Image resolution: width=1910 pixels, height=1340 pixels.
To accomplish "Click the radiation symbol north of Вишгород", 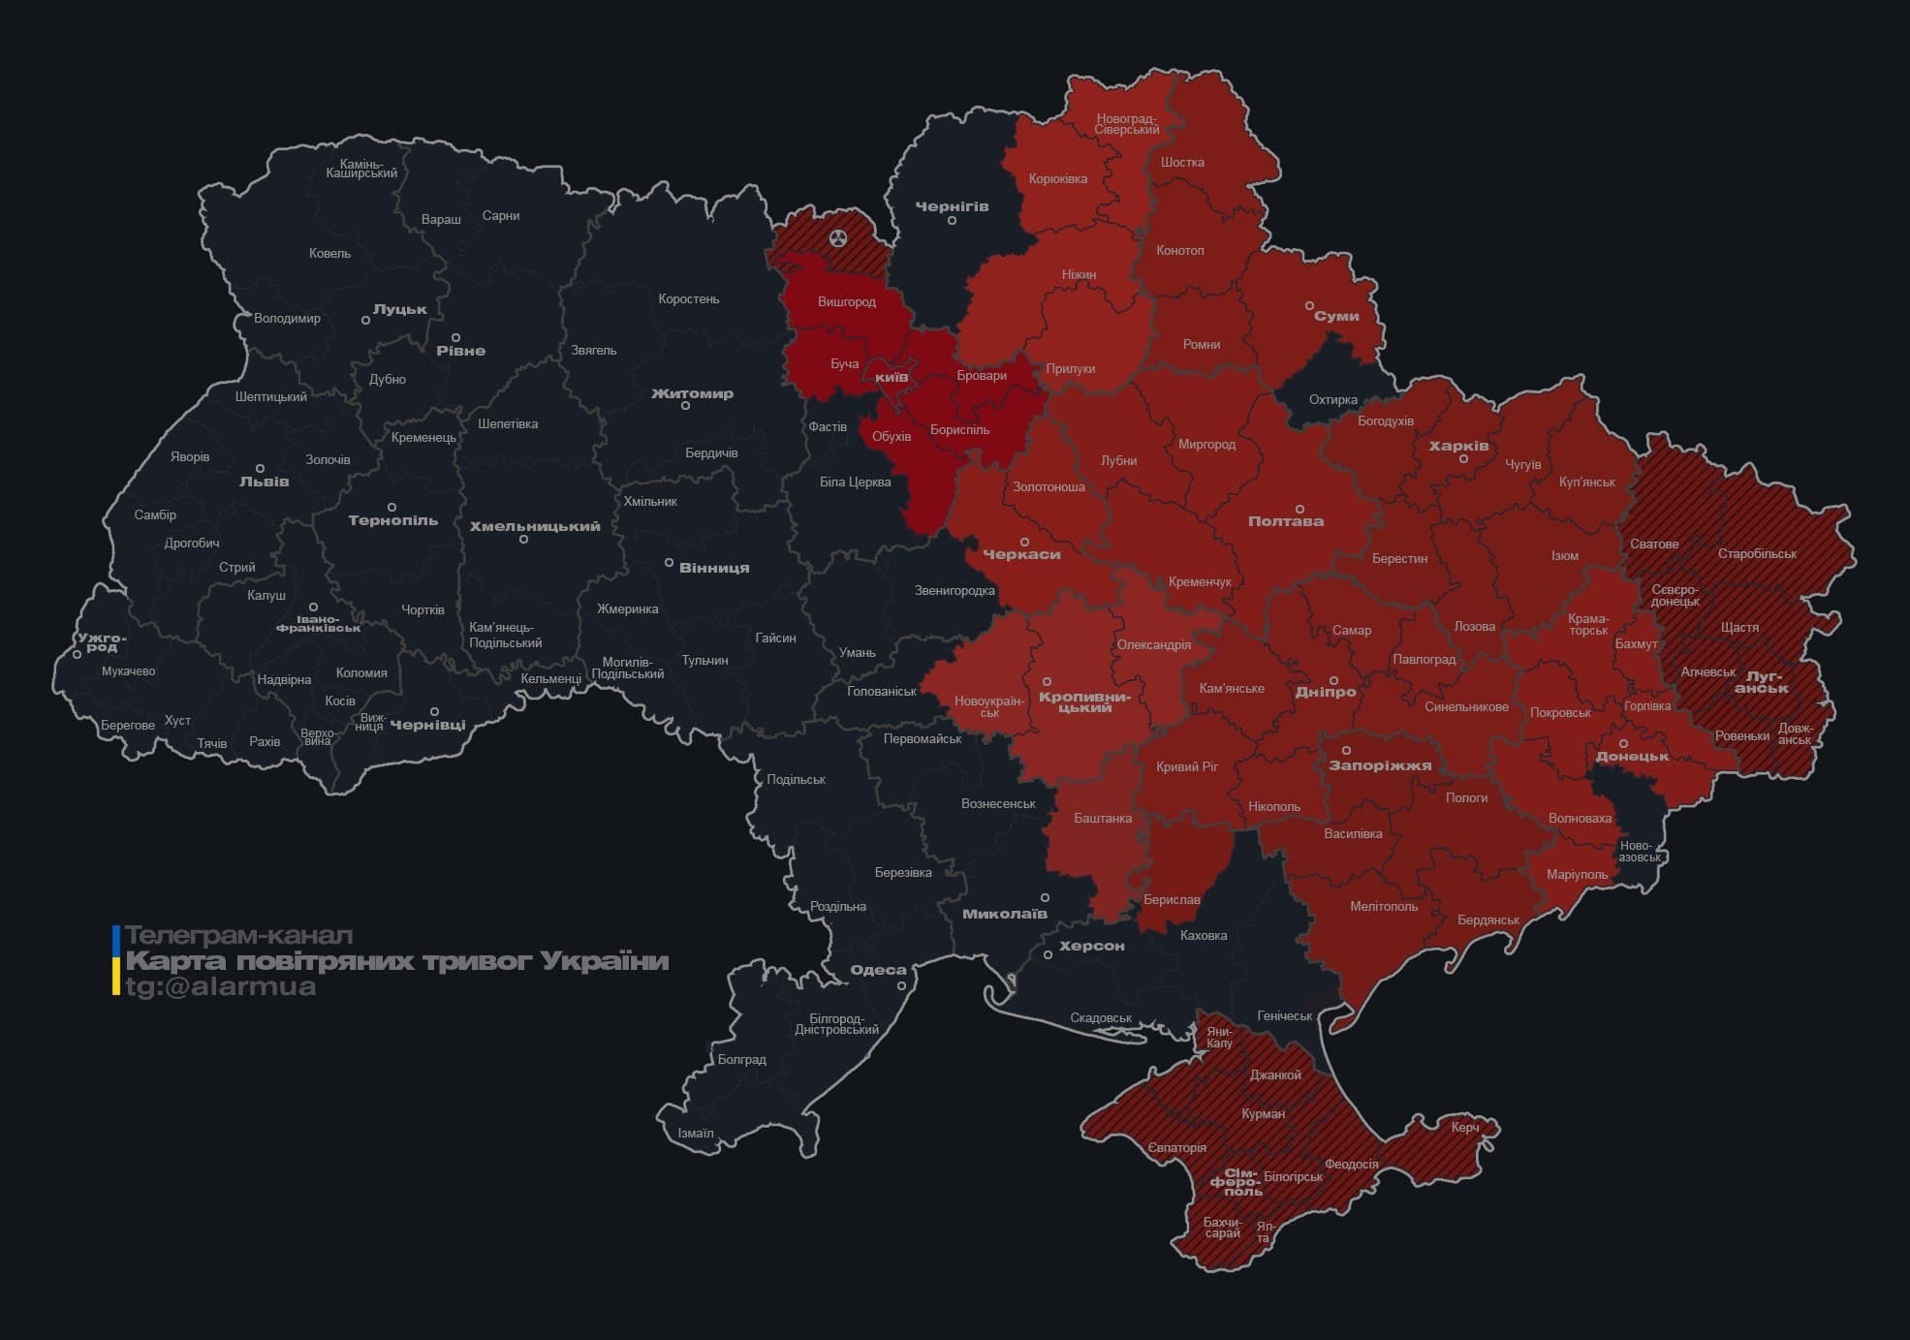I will point(839,237).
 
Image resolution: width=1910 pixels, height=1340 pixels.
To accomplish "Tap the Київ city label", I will point(892,377).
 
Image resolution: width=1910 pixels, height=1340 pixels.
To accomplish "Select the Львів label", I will point(265,481).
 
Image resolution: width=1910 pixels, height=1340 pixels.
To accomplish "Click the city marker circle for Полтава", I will point(1299,509).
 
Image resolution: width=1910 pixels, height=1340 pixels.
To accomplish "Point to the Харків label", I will point(1458,446).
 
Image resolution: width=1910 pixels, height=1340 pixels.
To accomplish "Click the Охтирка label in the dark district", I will point(1333,399).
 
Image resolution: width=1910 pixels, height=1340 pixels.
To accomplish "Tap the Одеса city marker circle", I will point(901,985).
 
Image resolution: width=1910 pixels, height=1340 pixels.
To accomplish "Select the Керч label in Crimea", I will point(1465,1127).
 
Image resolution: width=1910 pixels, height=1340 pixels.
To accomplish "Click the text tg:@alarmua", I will point(221,986).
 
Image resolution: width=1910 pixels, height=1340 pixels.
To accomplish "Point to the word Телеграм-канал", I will point(239,936).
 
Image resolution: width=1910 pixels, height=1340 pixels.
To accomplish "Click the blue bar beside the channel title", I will point(116,939).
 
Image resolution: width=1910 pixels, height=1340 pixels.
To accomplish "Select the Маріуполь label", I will point(1577,874).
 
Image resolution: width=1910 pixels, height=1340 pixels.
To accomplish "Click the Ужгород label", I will point(102,642).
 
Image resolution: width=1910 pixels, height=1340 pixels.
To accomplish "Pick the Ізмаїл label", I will point(696,1133).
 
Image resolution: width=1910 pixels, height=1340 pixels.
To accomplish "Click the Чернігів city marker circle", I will point(952,221).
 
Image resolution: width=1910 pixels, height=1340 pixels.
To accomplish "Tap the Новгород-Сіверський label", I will point(1127,124).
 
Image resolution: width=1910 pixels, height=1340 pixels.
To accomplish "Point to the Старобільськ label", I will point(1757,553).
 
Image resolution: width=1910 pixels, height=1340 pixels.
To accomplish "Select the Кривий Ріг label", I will point(1186,766).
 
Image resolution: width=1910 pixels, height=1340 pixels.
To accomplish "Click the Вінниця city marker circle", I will point(669,562).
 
